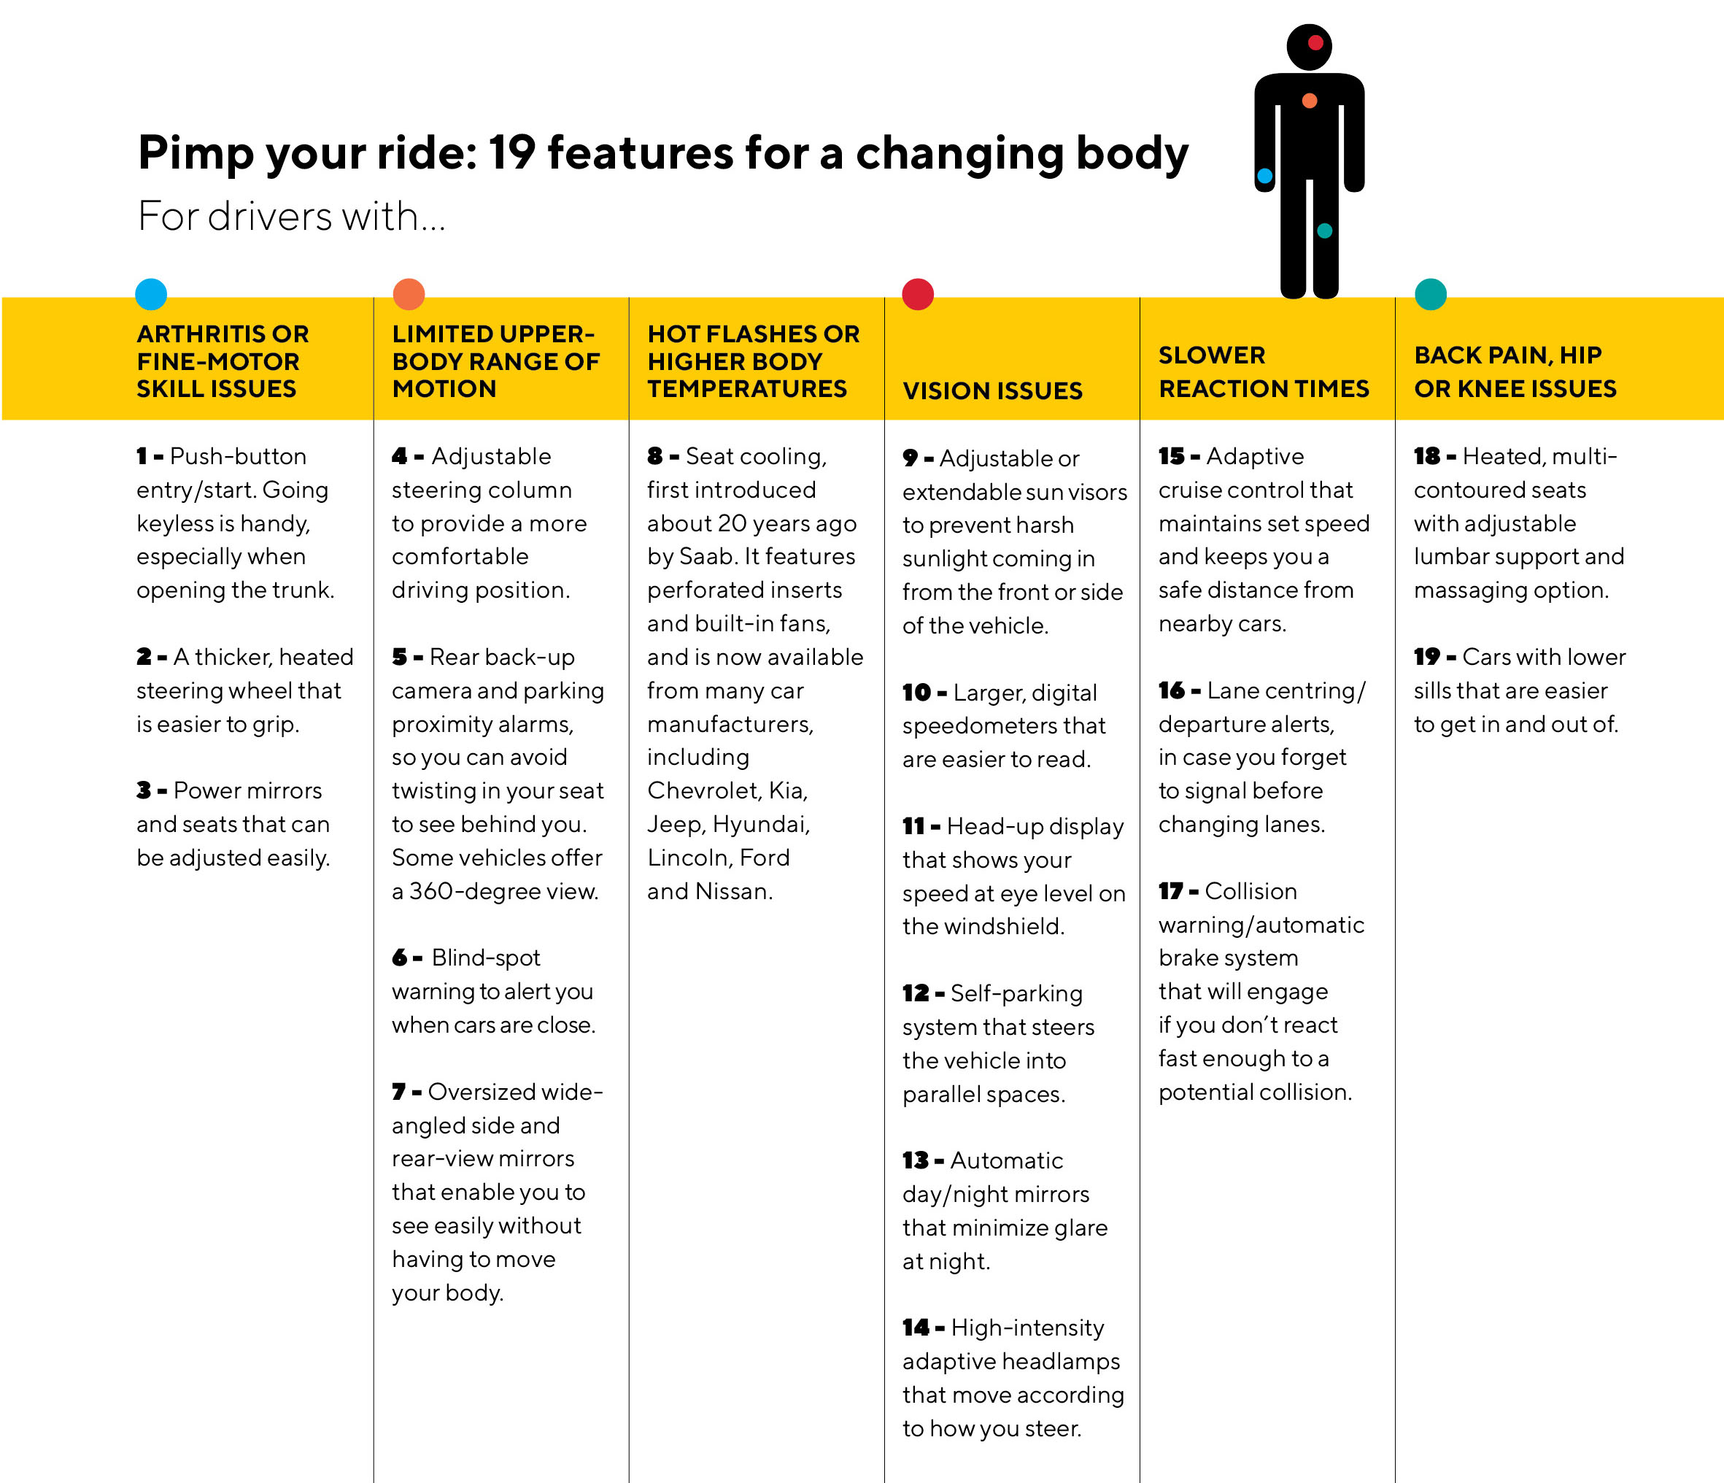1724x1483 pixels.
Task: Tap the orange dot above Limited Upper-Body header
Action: click(409, 294)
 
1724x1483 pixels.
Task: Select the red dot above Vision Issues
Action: click(918, 294)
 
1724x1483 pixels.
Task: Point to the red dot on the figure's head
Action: click(1315, 42)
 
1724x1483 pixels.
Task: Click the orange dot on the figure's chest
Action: click(1310, 101)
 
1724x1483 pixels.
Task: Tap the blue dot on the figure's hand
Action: click(1264, 176)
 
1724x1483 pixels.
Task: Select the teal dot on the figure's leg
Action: click(1325, 231)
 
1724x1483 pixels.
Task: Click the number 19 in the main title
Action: click(511, 153)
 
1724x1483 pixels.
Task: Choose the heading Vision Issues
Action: click(993, 390)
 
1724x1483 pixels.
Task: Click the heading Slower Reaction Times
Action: click(1264, 372)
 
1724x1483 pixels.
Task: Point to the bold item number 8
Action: click(655, 456)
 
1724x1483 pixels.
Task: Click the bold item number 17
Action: click(1171, 891)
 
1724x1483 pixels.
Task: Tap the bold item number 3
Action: click(144, 790)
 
